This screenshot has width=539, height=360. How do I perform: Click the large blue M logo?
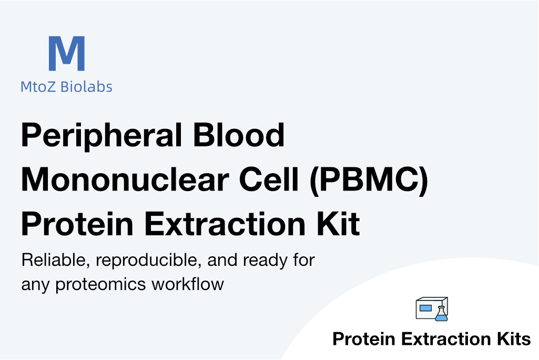67,53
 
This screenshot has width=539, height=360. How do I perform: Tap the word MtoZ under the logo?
38,87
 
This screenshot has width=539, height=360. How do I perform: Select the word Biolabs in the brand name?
86,86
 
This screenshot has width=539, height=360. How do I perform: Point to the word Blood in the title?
239,135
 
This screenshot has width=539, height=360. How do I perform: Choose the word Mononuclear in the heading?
125,179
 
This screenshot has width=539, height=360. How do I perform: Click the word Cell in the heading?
269,179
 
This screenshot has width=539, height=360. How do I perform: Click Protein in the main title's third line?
77,224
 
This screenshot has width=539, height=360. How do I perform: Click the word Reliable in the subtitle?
56,261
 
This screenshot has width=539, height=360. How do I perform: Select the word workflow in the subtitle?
188,284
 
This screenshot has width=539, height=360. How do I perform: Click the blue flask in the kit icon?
441,314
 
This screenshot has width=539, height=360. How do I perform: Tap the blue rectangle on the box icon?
425,308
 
